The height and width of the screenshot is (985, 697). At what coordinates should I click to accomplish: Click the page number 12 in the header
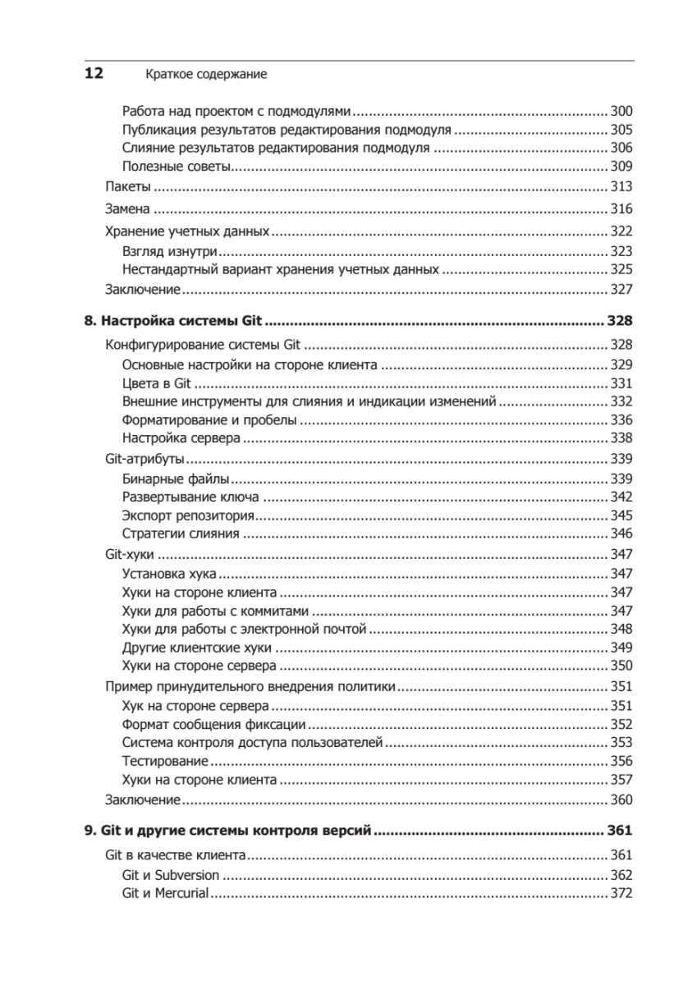point(94,74)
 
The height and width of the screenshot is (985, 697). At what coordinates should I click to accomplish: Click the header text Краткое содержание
point(207,75)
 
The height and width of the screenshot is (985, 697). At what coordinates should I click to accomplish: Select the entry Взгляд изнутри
point(170,250)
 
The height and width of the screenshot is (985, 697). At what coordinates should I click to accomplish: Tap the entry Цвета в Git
point(156,383)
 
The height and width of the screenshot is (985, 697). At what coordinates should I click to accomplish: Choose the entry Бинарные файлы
point(175,479)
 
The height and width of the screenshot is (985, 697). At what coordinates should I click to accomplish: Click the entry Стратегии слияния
point(181,534)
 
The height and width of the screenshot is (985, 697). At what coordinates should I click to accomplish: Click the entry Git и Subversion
point(171,875)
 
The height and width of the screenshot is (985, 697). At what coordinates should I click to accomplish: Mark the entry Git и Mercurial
point(165,893)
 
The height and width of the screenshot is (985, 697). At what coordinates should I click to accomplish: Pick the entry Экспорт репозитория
point(187,515)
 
